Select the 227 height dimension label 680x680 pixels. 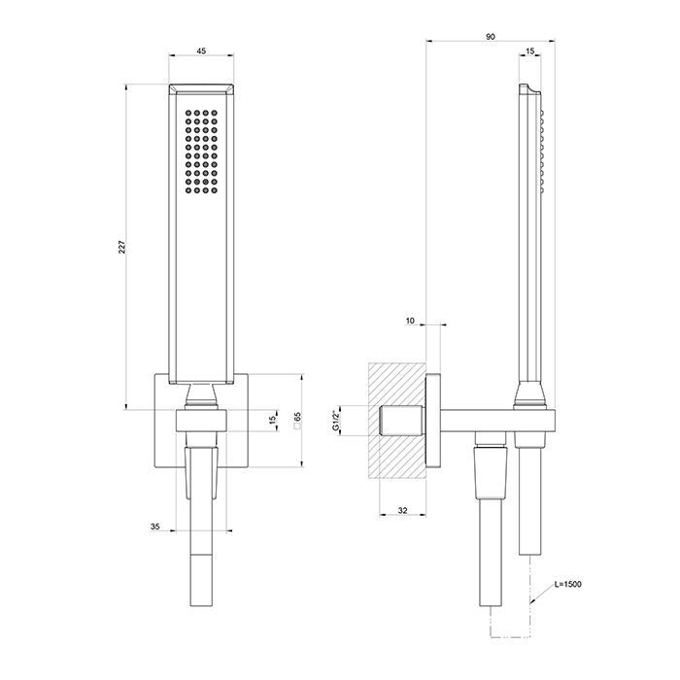pos(121,249)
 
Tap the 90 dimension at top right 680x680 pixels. pos(491,36)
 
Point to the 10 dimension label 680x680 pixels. pos(409,320)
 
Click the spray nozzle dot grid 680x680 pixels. pos(202,151)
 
